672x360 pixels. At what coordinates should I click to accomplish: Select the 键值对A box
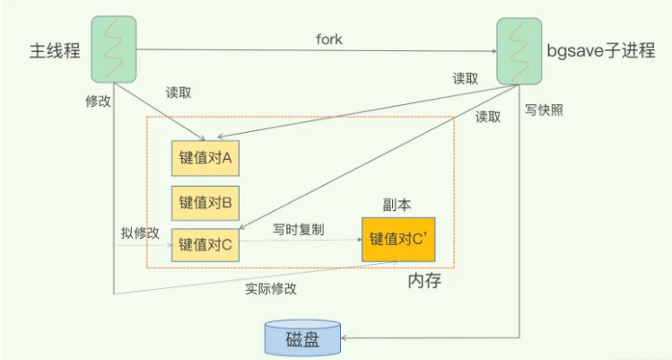point(205,158)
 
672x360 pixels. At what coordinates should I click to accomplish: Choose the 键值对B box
point(205,201)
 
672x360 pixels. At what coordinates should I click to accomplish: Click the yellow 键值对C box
point(205,243)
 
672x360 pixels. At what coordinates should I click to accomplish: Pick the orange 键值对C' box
point(398,240)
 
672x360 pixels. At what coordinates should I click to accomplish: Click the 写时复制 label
point(299,230)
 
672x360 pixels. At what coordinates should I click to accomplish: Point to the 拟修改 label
point(140,233)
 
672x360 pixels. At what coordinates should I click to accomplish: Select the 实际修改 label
point(270,289)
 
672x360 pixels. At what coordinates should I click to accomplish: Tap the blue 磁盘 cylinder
point(301,339)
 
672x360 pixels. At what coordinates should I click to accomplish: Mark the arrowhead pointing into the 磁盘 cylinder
point(345,338)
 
